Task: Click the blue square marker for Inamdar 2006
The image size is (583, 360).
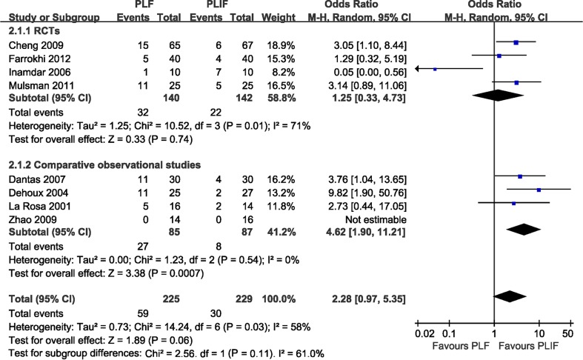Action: point(435,69)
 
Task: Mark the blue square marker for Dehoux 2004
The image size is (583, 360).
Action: point(539,190)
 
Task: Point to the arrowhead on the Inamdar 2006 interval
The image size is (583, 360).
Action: point(417,69)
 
